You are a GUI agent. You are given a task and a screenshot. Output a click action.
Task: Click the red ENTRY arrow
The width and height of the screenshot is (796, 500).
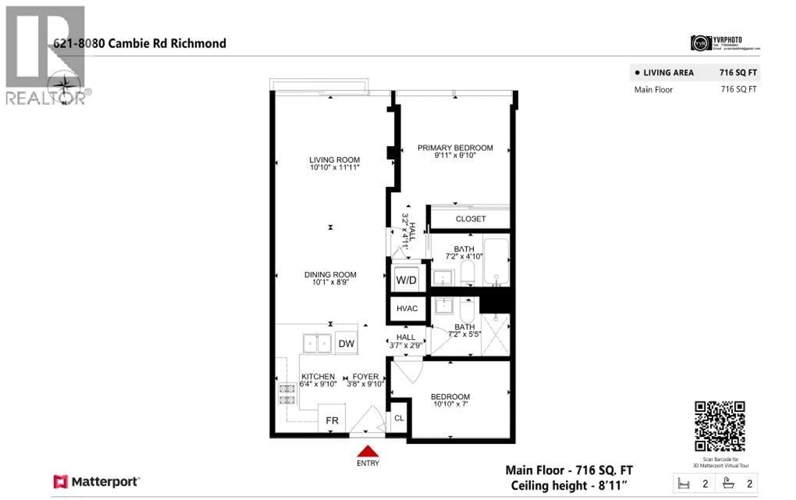(368, 451)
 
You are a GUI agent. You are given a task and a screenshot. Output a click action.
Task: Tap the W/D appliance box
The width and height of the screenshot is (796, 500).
(406, 280)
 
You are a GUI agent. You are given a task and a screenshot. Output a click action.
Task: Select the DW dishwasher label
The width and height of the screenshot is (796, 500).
(346, 344)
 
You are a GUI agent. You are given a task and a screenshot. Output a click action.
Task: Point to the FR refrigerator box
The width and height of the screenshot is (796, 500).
(332, 420)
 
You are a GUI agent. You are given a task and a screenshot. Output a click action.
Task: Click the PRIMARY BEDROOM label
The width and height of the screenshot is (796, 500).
(455, 148)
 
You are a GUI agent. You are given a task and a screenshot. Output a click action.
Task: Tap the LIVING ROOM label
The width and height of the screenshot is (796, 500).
(334, 160)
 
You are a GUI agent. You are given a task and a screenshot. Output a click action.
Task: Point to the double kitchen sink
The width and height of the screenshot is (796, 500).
(317, 343)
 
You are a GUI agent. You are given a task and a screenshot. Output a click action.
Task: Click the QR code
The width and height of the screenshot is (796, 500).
(720, 426)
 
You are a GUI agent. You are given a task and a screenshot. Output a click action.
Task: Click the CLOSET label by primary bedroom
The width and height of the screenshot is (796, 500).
(470, 219)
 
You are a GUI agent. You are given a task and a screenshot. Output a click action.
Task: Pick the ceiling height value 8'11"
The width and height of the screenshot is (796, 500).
(613, 485)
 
